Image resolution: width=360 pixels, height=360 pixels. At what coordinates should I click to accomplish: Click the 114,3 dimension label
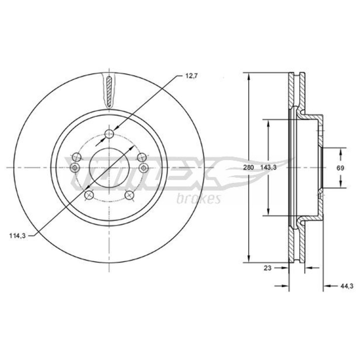[18, 235]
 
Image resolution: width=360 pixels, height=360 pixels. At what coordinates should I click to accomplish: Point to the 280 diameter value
[248, 167]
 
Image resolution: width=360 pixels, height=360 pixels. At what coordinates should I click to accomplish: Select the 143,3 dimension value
[268, 167]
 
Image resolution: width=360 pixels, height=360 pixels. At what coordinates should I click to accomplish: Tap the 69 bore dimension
[340, 168]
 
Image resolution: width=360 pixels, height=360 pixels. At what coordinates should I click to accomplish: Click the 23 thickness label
[267, 268]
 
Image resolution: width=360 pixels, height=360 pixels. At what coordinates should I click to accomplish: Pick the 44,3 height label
[346, 286]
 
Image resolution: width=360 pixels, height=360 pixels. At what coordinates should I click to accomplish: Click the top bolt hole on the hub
[109, 134]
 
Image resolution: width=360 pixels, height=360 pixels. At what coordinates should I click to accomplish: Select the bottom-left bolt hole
[89, 195]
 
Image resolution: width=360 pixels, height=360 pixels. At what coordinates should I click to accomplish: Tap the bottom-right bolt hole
[129, 195]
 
